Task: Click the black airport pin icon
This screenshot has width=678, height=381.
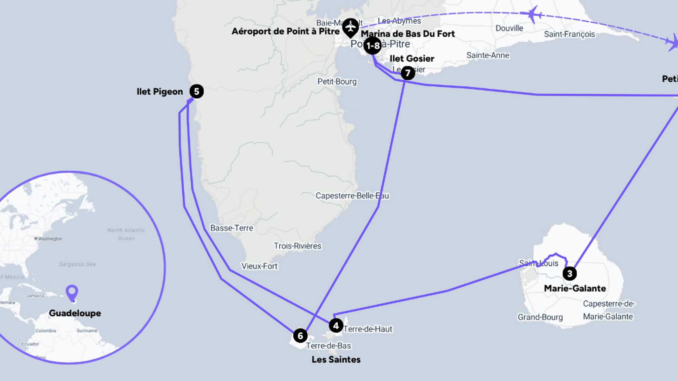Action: [350, 27]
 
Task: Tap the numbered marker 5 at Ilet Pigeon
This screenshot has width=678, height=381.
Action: [197, 91]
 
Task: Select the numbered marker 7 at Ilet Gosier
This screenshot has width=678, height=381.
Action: [408, 73]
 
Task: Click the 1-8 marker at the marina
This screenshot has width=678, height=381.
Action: [373, 46]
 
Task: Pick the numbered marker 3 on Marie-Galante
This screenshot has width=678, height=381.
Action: [570, 273]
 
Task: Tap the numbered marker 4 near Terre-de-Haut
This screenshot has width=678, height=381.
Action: [336, 326]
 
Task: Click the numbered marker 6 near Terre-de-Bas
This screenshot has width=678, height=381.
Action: [300, 336]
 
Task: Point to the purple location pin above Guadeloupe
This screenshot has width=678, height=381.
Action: [72, 292]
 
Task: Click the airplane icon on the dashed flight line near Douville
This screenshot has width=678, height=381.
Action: [532, 15]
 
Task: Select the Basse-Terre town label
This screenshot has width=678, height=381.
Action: [232, 228]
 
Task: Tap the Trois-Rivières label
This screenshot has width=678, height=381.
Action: [297, 246]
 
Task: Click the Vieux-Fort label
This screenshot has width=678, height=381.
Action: [259, 266]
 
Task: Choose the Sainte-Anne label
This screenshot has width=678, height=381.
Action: [487, 55]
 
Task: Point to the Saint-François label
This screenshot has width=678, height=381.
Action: [569, 34]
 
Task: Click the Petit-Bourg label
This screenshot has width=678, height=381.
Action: [337, 82]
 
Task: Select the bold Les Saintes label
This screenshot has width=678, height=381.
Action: [336, 359]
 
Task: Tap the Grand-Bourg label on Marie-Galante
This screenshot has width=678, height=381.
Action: [540, 317]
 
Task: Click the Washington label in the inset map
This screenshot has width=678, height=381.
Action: [50, 239]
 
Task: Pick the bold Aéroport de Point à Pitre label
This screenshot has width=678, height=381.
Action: [285, 31]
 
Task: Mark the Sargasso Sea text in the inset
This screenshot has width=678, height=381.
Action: [77, 264]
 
